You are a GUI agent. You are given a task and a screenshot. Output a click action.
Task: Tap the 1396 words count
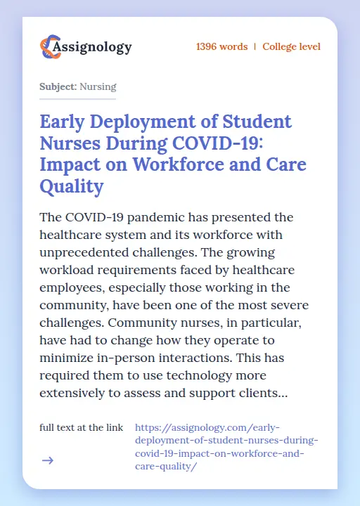coord(221,47)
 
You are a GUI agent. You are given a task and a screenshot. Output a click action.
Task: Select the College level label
coord(291,47)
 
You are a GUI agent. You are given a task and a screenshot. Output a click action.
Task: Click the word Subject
coord(58,87)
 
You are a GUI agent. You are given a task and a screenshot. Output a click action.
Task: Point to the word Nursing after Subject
coord(98,87)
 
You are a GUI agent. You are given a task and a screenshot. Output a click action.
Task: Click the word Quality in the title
coord(72,187)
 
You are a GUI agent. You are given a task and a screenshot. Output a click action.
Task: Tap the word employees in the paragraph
coord(75,287)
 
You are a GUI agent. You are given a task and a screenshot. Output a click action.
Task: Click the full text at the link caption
coord(82,427)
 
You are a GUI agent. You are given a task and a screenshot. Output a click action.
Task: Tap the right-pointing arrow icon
coord(47,460)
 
